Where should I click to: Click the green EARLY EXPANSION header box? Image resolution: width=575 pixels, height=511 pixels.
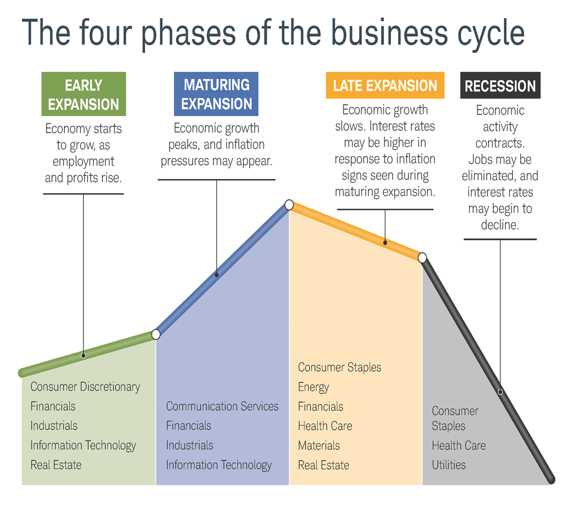click(x=84, y=94)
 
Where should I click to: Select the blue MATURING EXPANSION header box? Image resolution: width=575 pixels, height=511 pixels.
click(x=216, y=94)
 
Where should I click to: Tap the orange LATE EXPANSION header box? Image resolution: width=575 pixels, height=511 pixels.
click(x=385, y=86)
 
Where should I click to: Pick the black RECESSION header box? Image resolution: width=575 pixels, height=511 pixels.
click(x=500, y=86)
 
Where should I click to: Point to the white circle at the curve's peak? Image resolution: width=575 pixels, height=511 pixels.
click(x=289, y=205)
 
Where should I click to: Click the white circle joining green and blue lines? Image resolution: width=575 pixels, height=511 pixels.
click(x=156, y=334)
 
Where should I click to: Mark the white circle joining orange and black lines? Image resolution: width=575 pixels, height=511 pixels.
click(x=422, y=257)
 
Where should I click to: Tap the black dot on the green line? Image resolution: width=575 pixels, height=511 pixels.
click(x=83, y=355)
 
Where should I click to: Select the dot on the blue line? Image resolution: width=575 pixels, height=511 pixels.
click(x=216, y=274)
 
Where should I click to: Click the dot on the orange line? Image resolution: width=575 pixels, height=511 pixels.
click(x=385, y=242)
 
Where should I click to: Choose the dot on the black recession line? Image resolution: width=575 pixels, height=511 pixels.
click(x=500, y=392)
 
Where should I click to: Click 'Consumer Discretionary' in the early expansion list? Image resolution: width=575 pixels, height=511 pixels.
click(x=85, y=387)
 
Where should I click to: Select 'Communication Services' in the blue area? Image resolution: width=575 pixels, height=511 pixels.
click(x=222, y=406)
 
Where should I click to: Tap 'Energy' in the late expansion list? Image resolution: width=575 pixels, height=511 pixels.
click(x=313, y=387)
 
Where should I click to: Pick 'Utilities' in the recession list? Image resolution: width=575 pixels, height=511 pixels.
click(x=449, y=465)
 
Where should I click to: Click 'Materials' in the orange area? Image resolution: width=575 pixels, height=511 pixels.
click(x=319, y=445)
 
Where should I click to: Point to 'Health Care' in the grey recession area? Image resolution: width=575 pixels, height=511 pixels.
click(x=458, y=445)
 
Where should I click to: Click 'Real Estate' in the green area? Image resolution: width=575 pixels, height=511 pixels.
click(x=56, y=465)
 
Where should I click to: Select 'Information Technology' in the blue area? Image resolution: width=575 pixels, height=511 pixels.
click(x=219, y=465)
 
